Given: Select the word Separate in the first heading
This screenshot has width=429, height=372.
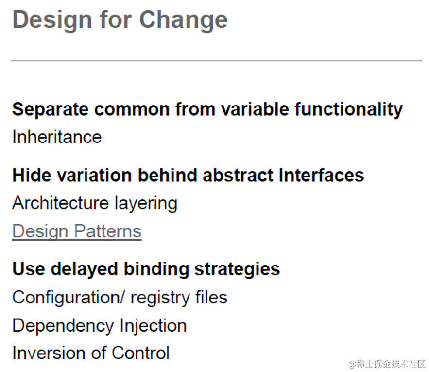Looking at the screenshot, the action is [51, 109].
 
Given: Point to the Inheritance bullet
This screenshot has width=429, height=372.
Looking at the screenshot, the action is [57, 137].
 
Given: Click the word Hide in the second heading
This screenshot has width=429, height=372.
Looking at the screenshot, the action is [32, 175].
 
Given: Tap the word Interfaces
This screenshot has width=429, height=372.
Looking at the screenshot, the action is [321, 175].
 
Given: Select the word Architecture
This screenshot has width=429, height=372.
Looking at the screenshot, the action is [61, 203].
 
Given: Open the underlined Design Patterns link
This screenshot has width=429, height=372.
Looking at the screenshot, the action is [77, 232].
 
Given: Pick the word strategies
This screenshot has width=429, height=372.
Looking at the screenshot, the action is [237, 269].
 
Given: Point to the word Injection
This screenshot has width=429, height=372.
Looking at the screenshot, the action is [153, 326].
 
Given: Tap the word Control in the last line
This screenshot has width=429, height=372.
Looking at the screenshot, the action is [140, 353].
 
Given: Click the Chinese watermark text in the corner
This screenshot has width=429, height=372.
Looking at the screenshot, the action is [387, 364].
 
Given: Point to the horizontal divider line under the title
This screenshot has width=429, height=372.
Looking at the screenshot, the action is [216, 61].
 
